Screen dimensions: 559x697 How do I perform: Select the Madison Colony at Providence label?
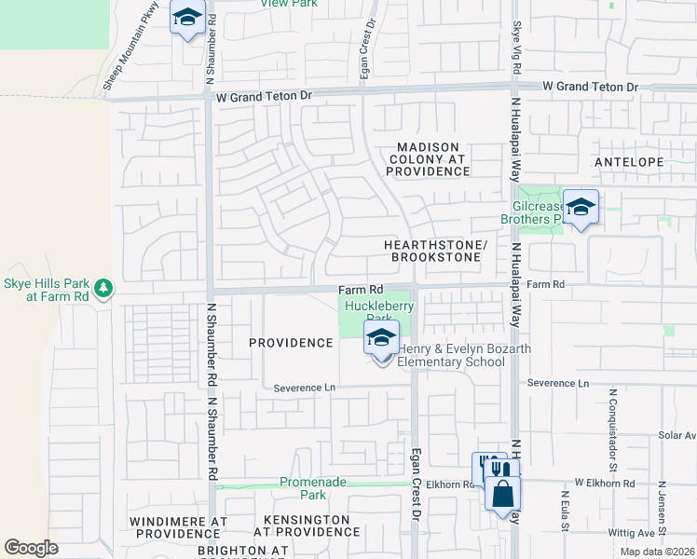(x=429, y=159)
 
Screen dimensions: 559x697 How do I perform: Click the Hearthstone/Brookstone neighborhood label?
(x=436, y=250)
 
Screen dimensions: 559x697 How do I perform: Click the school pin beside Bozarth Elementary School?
(x=381, y=339)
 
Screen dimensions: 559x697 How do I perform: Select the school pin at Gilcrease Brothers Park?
(x=581, y=209)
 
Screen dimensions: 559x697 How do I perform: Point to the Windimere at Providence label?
(x=175, y=526)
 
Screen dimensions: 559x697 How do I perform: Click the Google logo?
(x=31, y=548)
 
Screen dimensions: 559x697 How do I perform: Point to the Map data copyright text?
(x=656, y=552)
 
